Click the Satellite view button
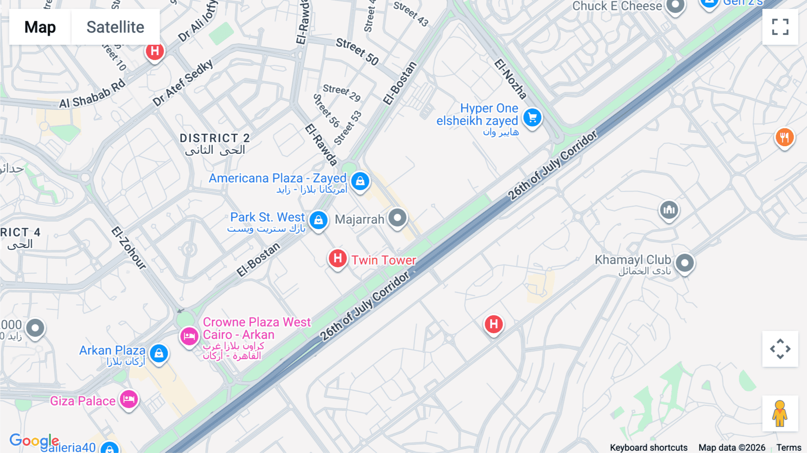tap(115, 27)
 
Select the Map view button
tap(40, 27)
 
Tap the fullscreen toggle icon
tap(780, 27)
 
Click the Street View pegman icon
tap(780, 414)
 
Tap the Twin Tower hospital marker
tap(338, 259)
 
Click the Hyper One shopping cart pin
tap(532, 118)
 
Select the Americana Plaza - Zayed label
tap(278, 179)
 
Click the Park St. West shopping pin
tap(318, 220)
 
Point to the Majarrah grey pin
tap(397, 218)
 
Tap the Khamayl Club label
tap(633, 260)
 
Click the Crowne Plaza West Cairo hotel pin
tap(189, 336)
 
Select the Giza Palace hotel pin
tap(129, 399)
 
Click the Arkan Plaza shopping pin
tap(159, 353)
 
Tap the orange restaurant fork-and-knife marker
tap(784, 137)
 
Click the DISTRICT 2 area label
tap(214, 138)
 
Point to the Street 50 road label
tap(357, 52)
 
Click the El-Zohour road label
tap(129, 248)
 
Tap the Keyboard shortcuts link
tap(648, 447)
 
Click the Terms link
tap(789, 447)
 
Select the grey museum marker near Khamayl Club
tap(669, 209)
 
